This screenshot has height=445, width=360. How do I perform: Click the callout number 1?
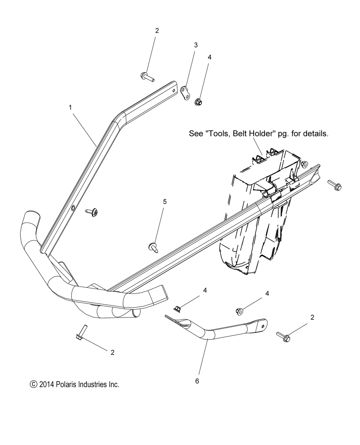(71, 107)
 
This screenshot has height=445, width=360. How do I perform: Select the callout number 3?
(196, 45)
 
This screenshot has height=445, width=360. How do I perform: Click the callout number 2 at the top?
(157, 31)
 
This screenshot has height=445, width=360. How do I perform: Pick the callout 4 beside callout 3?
(210, 57)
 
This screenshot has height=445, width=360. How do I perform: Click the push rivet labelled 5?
(154, 247)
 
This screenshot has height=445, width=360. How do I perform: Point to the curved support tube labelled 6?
(220, 329)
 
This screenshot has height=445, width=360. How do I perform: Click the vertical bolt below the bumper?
(80, 332)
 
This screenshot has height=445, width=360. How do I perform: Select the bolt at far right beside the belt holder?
(334, 185)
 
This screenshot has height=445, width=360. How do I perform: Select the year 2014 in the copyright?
(47, 385)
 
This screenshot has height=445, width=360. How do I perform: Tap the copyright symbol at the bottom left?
(33, 385)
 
